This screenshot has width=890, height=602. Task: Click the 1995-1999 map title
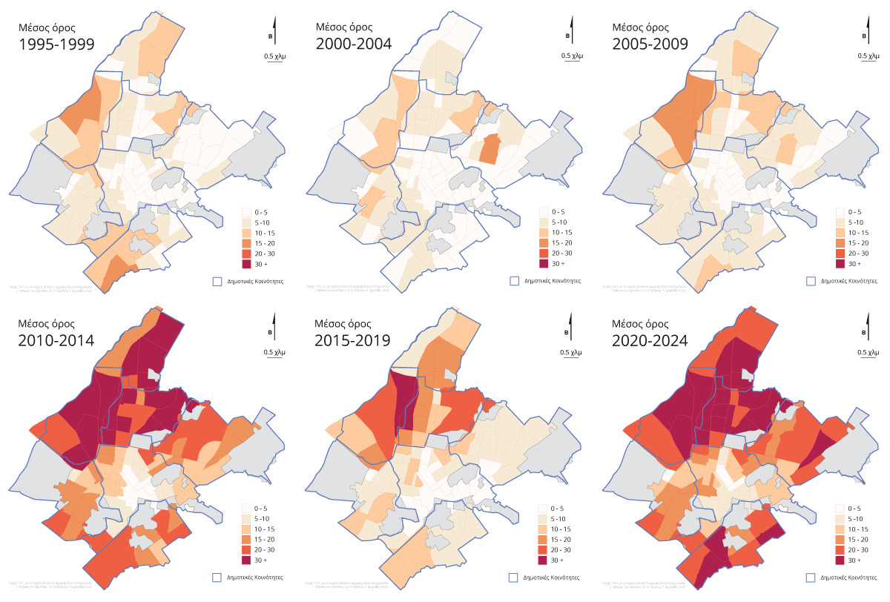pos(56,44)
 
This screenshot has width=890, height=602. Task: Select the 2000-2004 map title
pos(353,44)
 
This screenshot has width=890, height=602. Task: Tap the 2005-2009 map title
pos(650,44)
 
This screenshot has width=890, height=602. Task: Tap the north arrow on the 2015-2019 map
pos(572,328)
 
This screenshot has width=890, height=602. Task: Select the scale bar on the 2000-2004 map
pos(572,58)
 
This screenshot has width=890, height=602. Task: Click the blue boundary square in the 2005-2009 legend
pos(811,281)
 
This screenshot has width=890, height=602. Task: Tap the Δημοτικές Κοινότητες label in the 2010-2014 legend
pos(256,578)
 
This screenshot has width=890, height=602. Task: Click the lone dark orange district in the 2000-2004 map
pos(489,149)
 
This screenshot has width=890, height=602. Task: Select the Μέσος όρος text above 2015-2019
pos(342,322)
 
